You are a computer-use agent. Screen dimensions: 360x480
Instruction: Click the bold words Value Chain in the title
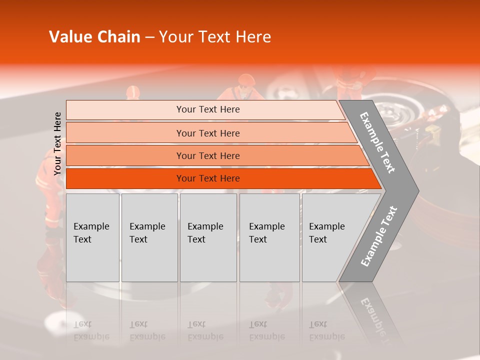[x=94, y=37]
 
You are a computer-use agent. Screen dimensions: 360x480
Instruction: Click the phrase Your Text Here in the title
[x=215, y=37]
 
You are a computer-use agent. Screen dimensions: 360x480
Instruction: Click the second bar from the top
[x=207, y=133]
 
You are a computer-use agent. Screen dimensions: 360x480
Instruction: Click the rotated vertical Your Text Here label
[x=57, y=143]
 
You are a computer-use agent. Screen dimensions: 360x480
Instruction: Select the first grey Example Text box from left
[x=92, y=237]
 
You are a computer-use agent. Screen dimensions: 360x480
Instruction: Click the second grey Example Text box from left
[x=149, y=237]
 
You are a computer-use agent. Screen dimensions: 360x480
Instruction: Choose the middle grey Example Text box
[x=208, y=237]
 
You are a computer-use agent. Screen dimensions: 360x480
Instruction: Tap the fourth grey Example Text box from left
[x=269, y=237]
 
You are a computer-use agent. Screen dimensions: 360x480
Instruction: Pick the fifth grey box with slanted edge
[x=330, y=237]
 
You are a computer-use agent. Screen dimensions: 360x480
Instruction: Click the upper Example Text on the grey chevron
[x=377, y=142]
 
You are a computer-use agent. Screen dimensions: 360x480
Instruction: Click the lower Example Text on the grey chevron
[x=378, y=236]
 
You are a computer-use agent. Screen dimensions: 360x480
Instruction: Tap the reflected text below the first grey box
[x=91, y=330]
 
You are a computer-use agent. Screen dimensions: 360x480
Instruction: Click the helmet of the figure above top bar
[x=246, y=79]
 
